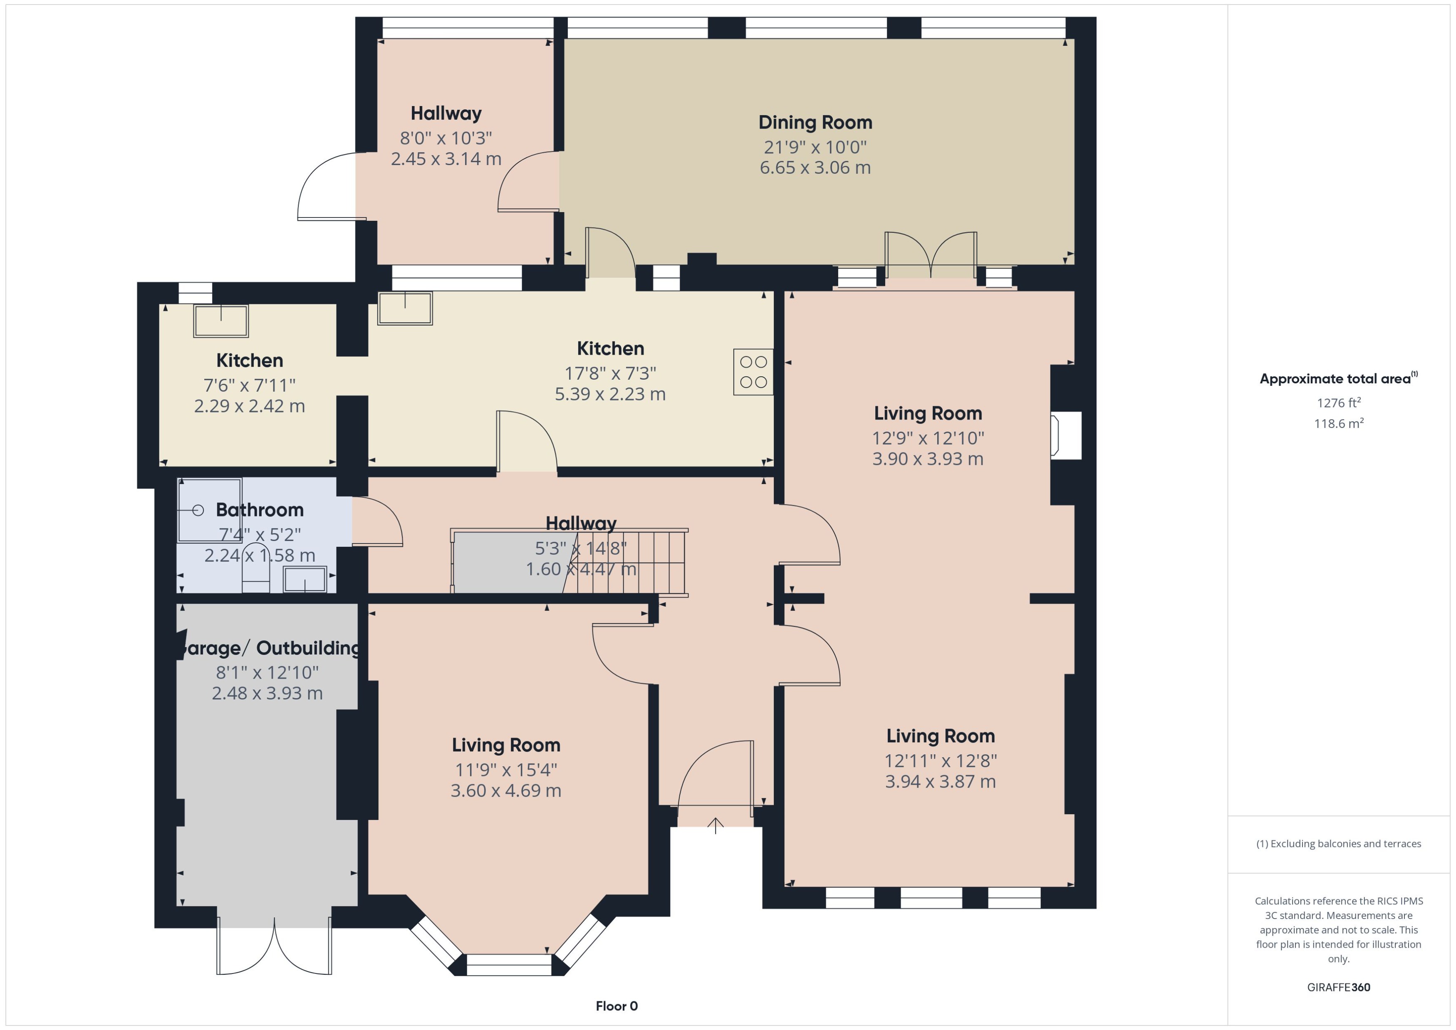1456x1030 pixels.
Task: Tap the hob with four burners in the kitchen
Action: pyautogui.click(x=753, y=372)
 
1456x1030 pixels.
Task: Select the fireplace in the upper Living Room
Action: pyautogui.click(x=1066, y=435)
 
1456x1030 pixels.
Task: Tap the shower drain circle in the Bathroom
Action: pyautogui.click(x=198, y=510)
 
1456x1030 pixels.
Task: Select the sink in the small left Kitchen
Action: pyautogui.click(x=221, y=321)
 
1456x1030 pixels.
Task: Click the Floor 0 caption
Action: pyautogui.click(x=616, y=1006)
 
